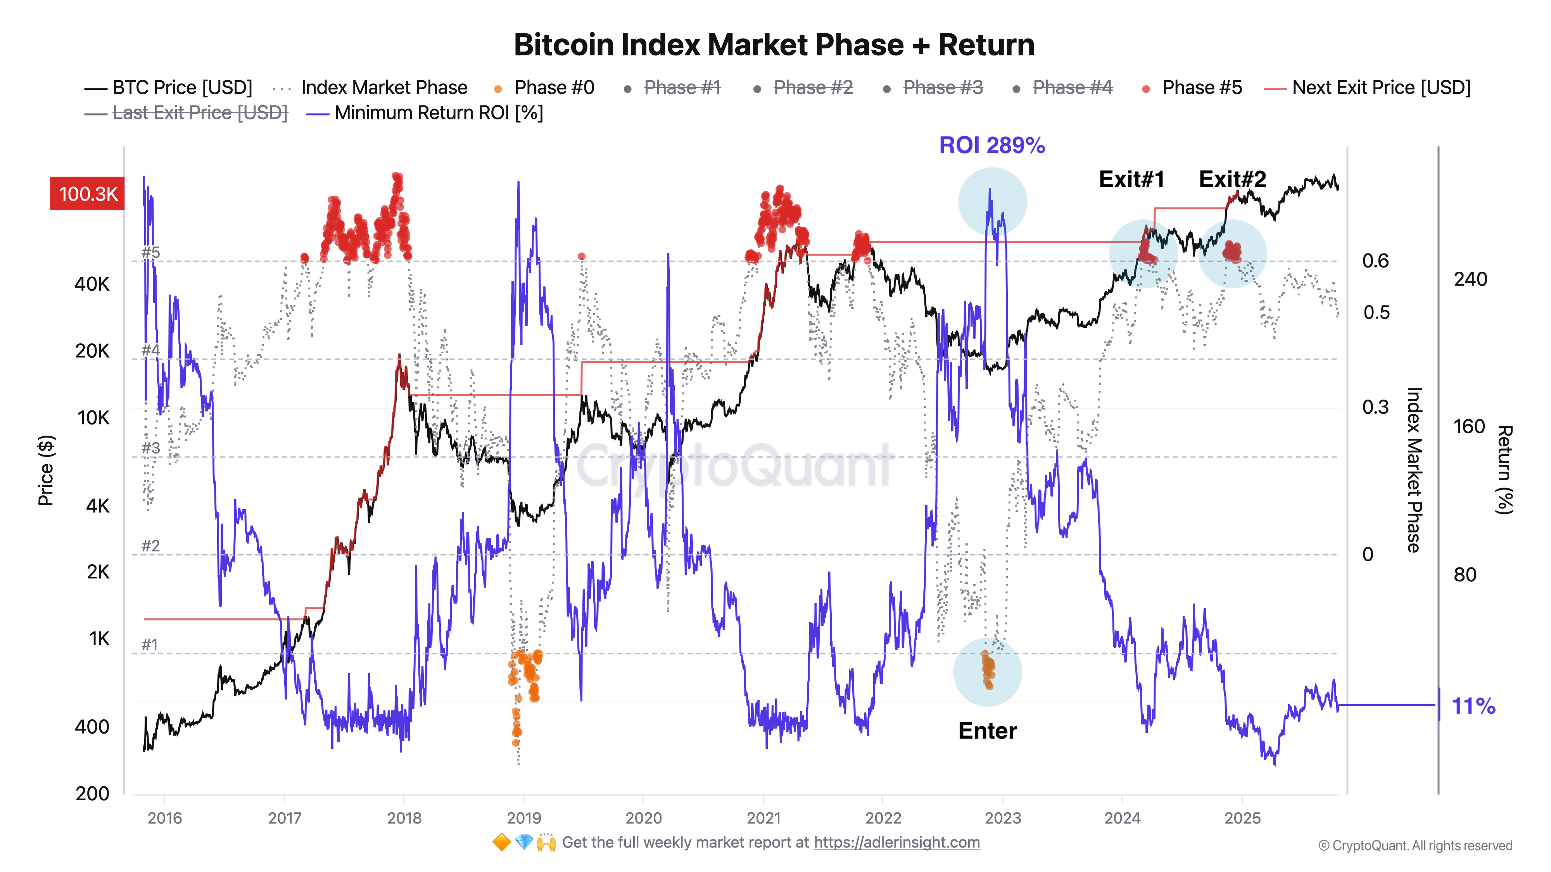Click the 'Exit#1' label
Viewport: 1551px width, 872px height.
coord(1131,179)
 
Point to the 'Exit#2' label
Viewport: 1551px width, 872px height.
coord(1232,179)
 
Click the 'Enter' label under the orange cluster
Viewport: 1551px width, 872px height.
coord(988,731)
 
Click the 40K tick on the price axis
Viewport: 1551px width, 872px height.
coord(92,284)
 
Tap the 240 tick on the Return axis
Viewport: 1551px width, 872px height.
coord(1470,279)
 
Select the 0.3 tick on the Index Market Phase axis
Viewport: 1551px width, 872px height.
coord(1375,407)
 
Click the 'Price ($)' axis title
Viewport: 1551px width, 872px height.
coord(46,470)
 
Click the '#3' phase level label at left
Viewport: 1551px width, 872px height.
coord(150,448)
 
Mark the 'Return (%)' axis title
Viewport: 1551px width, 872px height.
coord(1504,470)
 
